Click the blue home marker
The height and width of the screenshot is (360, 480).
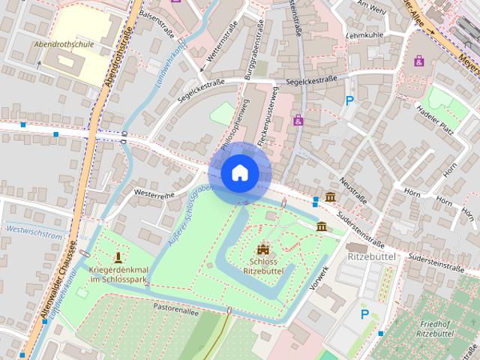tap(239, 173)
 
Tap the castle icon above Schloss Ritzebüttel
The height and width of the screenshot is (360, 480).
tap(262, 248)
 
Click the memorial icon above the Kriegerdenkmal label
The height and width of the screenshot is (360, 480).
tap(118, 256)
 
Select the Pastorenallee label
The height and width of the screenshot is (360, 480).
tap(177, 308)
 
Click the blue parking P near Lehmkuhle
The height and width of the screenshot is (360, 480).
tap(349, 100)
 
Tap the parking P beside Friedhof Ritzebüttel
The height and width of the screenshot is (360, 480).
tap(365, 314)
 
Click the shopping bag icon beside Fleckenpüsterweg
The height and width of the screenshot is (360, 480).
tap(298, 120)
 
